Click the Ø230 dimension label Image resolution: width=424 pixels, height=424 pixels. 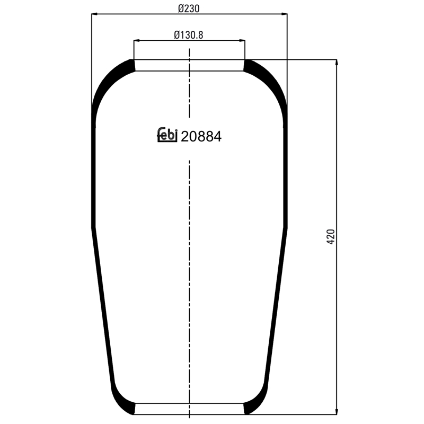tap(189, 8)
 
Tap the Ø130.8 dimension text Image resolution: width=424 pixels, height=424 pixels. tap(189, 35)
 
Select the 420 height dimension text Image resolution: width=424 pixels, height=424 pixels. tap(331, 237)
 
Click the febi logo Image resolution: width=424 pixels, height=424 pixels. tap(167, 135)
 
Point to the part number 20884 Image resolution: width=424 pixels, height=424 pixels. tap(201, 136)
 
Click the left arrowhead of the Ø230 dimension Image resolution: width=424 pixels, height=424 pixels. tap(94, 14)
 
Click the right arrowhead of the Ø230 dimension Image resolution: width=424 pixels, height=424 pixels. tap(285, 14)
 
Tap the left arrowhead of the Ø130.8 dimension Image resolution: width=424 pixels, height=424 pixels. tap(136, 41)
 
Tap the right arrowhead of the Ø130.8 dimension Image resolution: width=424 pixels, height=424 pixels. tap(243, 41)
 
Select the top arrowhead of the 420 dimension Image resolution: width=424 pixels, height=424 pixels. tap(337, 62)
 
